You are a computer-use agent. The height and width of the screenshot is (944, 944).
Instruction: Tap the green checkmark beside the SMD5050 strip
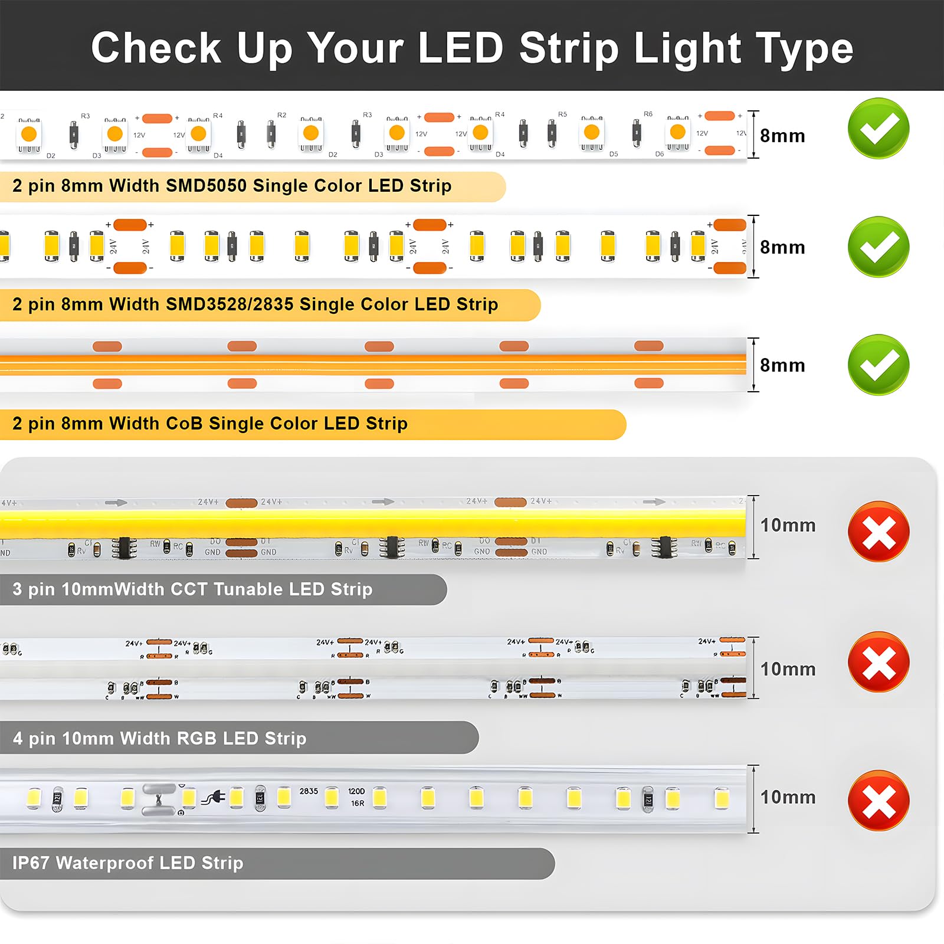[878, 129]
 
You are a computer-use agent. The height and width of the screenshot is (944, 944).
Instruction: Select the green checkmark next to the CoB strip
[878, 365]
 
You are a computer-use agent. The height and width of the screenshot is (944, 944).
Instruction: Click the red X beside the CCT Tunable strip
[878, 532]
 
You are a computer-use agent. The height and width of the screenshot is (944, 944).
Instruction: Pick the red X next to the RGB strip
[878, 662]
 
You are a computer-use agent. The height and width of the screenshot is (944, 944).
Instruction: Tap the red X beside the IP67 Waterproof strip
[878, 801]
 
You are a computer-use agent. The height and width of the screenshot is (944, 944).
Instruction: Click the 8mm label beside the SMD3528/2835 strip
[782, 247]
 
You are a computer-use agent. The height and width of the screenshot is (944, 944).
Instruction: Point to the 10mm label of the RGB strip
[788, 669]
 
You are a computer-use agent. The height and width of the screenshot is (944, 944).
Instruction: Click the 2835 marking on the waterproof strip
[309, 791]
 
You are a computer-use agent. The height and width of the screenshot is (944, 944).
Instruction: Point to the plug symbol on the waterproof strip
[213, 799]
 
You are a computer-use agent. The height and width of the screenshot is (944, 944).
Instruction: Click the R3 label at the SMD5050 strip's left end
[86, 116]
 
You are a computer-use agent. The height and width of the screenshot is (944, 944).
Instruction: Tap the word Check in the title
[156, 48]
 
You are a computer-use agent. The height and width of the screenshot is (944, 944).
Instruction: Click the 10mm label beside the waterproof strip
[788, 797]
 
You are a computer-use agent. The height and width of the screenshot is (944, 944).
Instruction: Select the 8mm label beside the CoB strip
[782, 365]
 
